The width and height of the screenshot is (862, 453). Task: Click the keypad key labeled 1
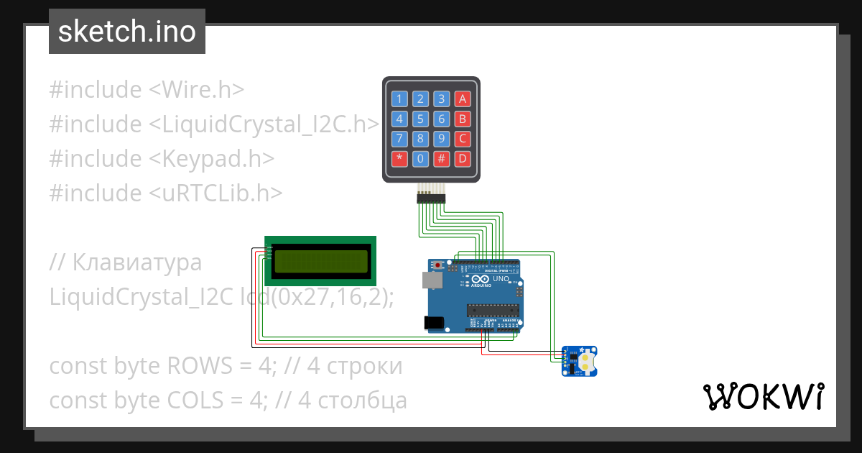[x=399, y=99]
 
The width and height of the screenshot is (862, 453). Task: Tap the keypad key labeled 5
[x=421, y=119]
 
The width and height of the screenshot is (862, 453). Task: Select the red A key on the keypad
[x=463, y=99]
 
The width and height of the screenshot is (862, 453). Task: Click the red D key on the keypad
[x=463, y=158]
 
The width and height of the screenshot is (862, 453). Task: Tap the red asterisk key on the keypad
[x=399, y=158]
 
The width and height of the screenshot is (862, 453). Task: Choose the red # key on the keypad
[x=442, y=158]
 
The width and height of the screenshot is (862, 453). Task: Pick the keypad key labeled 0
[x=421, y=158]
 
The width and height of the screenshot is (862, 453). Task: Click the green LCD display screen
[x=320, y=260]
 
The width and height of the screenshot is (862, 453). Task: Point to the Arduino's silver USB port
[x=432, y=280]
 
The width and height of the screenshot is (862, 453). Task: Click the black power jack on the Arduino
[x=434, y=324]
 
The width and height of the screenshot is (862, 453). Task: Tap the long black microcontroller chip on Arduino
[x=493, y=311]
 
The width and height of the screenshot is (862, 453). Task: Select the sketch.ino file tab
[x=126, y=32]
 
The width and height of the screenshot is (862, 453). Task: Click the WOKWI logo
[x=763, y=396]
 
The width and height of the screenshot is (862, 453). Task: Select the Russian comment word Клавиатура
[x=136, y=262]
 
